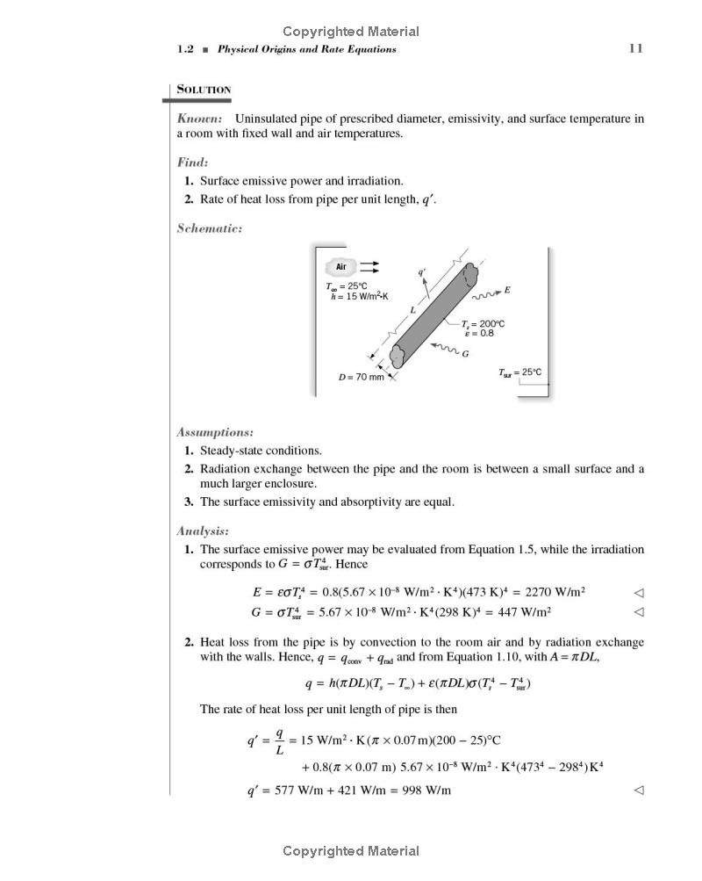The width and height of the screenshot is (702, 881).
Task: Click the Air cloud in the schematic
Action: tap(341, 267)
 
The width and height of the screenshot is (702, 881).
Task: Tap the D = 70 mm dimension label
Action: tap(362, 377)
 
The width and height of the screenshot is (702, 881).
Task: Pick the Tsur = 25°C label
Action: tap(520, 372)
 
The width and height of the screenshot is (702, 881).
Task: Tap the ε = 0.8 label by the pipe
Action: tap(479, 333)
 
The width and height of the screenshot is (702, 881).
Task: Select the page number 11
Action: tap(636, 48)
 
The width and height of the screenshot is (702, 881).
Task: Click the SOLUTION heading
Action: tap(204, 90)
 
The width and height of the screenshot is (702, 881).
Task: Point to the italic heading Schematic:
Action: tap(210, 228)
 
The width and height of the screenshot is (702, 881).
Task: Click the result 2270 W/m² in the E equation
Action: tap(555, 592)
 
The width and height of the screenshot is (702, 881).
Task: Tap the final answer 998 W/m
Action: tap(426, 790)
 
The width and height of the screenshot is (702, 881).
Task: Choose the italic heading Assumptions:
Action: tap(215, 432)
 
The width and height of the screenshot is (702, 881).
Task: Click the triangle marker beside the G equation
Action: tap(639, 611)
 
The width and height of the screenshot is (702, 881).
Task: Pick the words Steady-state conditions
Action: tap(261, 451)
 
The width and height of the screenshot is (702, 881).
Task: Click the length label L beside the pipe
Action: tap(412, 311)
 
